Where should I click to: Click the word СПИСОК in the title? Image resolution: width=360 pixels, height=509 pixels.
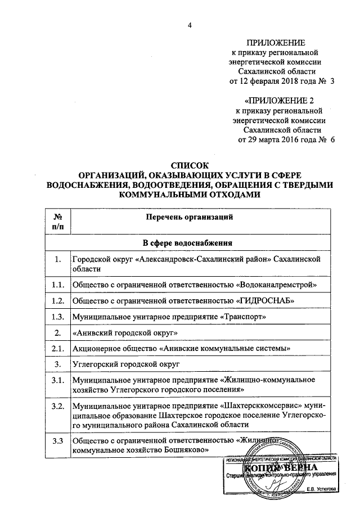pos(190,165)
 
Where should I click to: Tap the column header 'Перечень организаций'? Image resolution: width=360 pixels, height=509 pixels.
pos(187,217)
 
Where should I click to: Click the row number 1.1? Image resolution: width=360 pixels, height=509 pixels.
pos(56,285)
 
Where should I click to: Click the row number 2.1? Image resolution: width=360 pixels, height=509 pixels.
pos(56,349)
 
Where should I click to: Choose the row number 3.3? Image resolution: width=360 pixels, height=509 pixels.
pos(56,440)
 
